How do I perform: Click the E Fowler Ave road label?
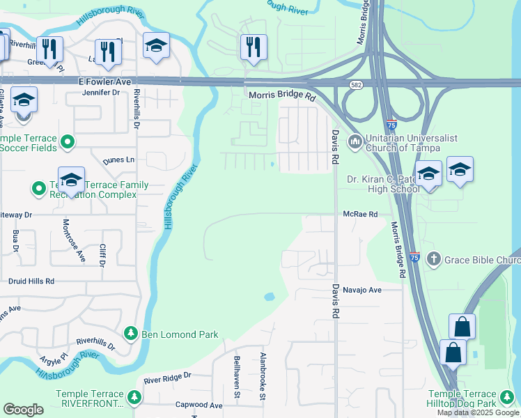pos(104,82)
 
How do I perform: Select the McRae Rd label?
pos(359,215)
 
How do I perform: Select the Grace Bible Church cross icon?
pos(433,260)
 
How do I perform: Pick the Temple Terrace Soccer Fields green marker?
pos(68,142)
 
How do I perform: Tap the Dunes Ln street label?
pos(118,160)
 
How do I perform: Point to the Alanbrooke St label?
pos(263,377)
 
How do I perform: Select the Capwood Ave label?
pos(199,405)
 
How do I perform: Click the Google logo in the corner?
pos(23,410)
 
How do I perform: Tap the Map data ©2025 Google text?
pos(479,412)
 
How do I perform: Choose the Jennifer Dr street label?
pos(101,93)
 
